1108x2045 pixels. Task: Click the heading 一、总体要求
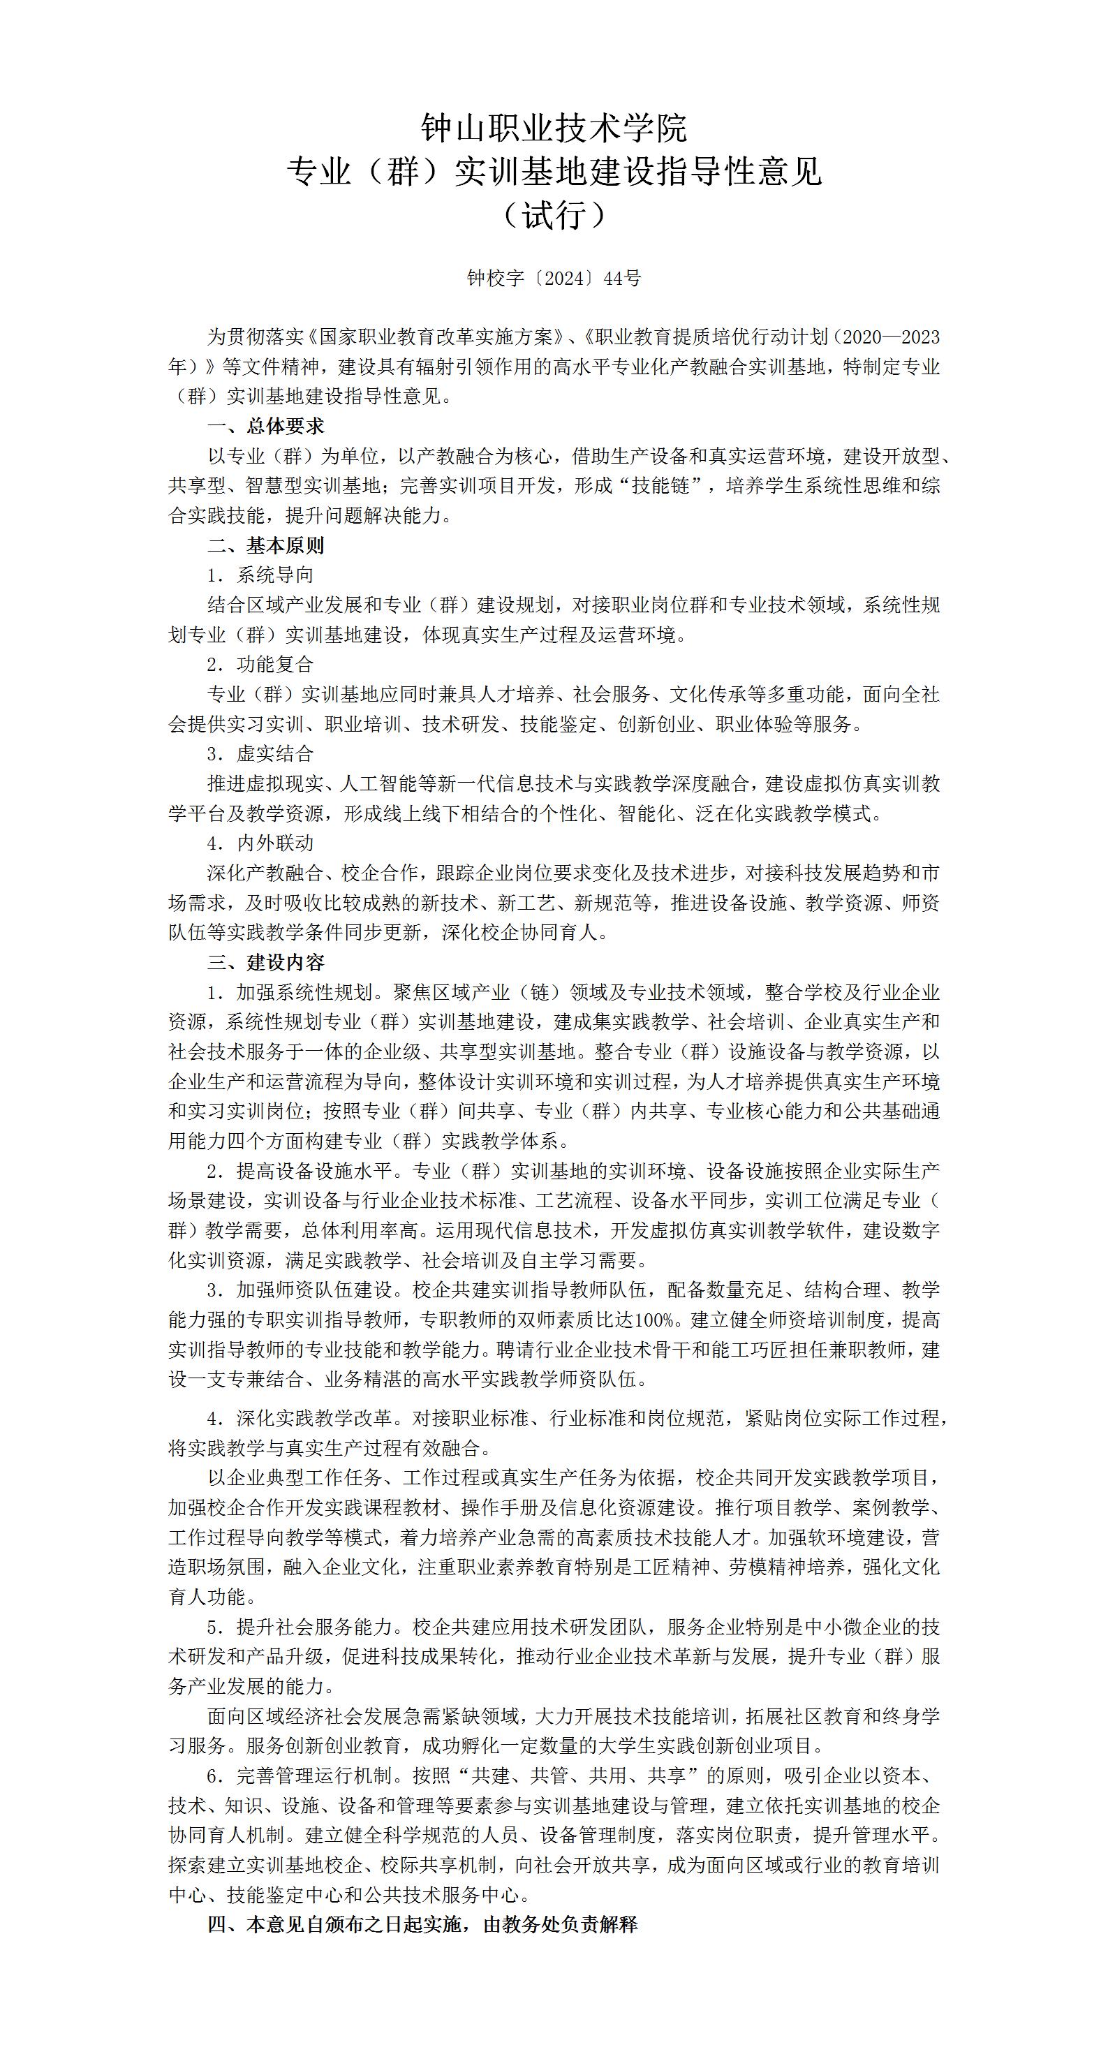pos(266,427)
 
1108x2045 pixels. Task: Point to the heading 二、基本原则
pos(266,545)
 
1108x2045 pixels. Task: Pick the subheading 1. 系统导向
pos(260,575)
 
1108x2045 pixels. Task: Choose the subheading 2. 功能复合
pos(260,665)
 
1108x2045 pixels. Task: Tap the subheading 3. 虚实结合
pos(260,753)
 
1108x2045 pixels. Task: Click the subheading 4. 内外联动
pos(260,843)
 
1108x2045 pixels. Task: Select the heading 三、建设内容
pos(266,963)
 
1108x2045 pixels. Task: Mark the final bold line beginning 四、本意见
pos(422,1924)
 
